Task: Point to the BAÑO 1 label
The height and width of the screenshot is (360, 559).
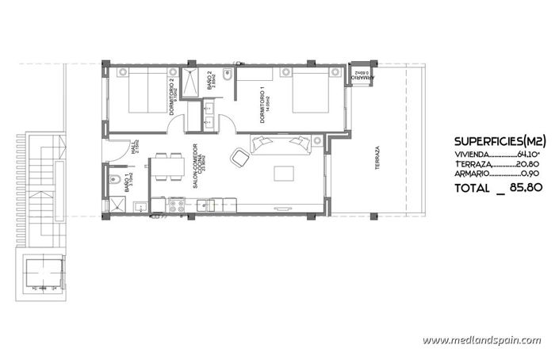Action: click(128, 184)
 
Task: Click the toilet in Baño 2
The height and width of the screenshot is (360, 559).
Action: click(227, 75)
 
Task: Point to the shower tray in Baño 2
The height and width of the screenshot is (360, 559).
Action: click(192, 82)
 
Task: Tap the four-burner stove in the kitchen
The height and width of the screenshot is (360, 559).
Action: click(177, 206)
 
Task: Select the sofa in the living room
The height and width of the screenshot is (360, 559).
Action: click(279, 143)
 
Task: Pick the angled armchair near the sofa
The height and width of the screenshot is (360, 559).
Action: click(239, 157)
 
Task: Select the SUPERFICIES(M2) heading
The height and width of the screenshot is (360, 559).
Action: click(500, 140)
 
